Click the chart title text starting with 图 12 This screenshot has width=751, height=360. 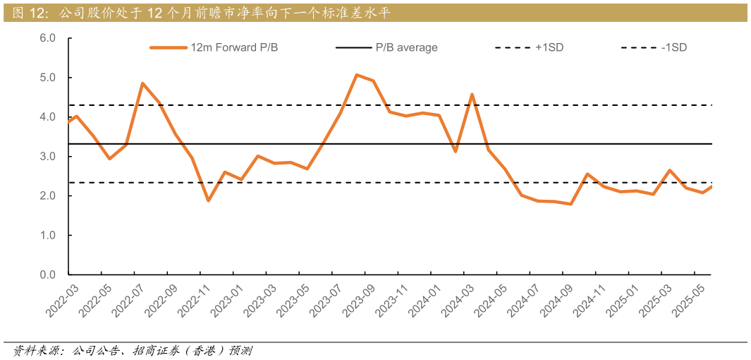(x=200, y=13)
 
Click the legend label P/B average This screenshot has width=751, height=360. (x=406, y=47)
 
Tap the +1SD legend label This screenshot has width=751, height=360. (x=549, y=47)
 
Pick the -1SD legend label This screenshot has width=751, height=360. (x=673, y=47)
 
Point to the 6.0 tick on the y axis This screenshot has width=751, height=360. (x=47, y=37)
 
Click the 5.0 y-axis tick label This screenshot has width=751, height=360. (x=47, y=77)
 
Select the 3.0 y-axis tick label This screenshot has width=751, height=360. (x=47, y=156)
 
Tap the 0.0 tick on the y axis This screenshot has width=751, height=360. (x=47, y=275)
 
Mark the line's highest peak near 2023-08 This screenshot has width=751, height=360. (x=357, y=75)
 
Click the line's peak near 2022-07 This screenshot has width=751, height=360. (x=142, y=83)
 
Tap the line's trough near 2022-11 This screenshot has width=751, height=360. (x=208, y=200)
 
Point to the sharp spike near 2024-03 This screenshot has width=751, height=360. (x=472, y=94)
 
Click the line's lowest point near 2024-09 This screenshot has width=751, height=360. (x=570, y=204)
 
